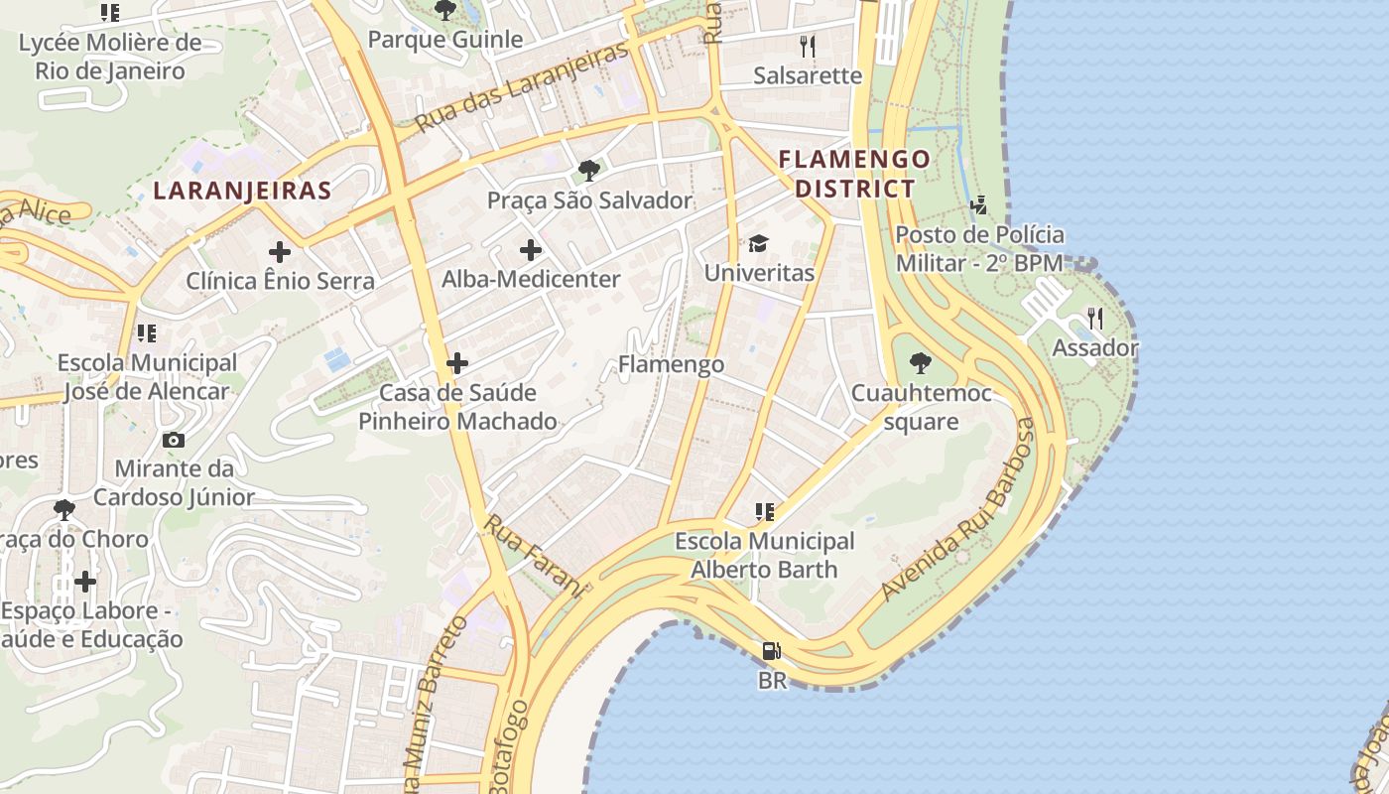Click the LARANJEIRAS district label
(241, 191)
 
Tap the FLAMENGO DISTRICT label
(854, 174)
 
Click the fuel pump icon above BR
(771, 651)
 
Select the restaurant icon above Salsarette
(808, 46)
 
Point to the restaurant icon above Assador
(1094, 318)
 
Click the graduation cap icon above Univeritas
(758, 243)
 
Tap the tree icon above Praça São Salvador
(588, 170)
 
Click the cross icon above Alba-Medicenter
(531, 249)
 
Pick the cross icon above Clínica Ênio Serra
(280, 251)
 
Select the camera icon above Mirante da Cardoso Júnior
(174, 440)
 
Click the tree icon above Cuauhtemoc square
(920, 363)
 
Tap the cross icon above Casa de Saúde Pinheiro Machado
(456, 362)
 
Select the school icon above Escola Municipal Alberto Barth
(764, 512)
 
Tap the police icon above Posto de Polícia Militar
(979, 205)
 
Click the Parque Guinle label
(444, 40)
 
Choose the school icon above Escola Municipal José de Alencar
(147, 332)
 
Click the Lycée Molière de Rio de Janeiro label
(110, 57)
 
